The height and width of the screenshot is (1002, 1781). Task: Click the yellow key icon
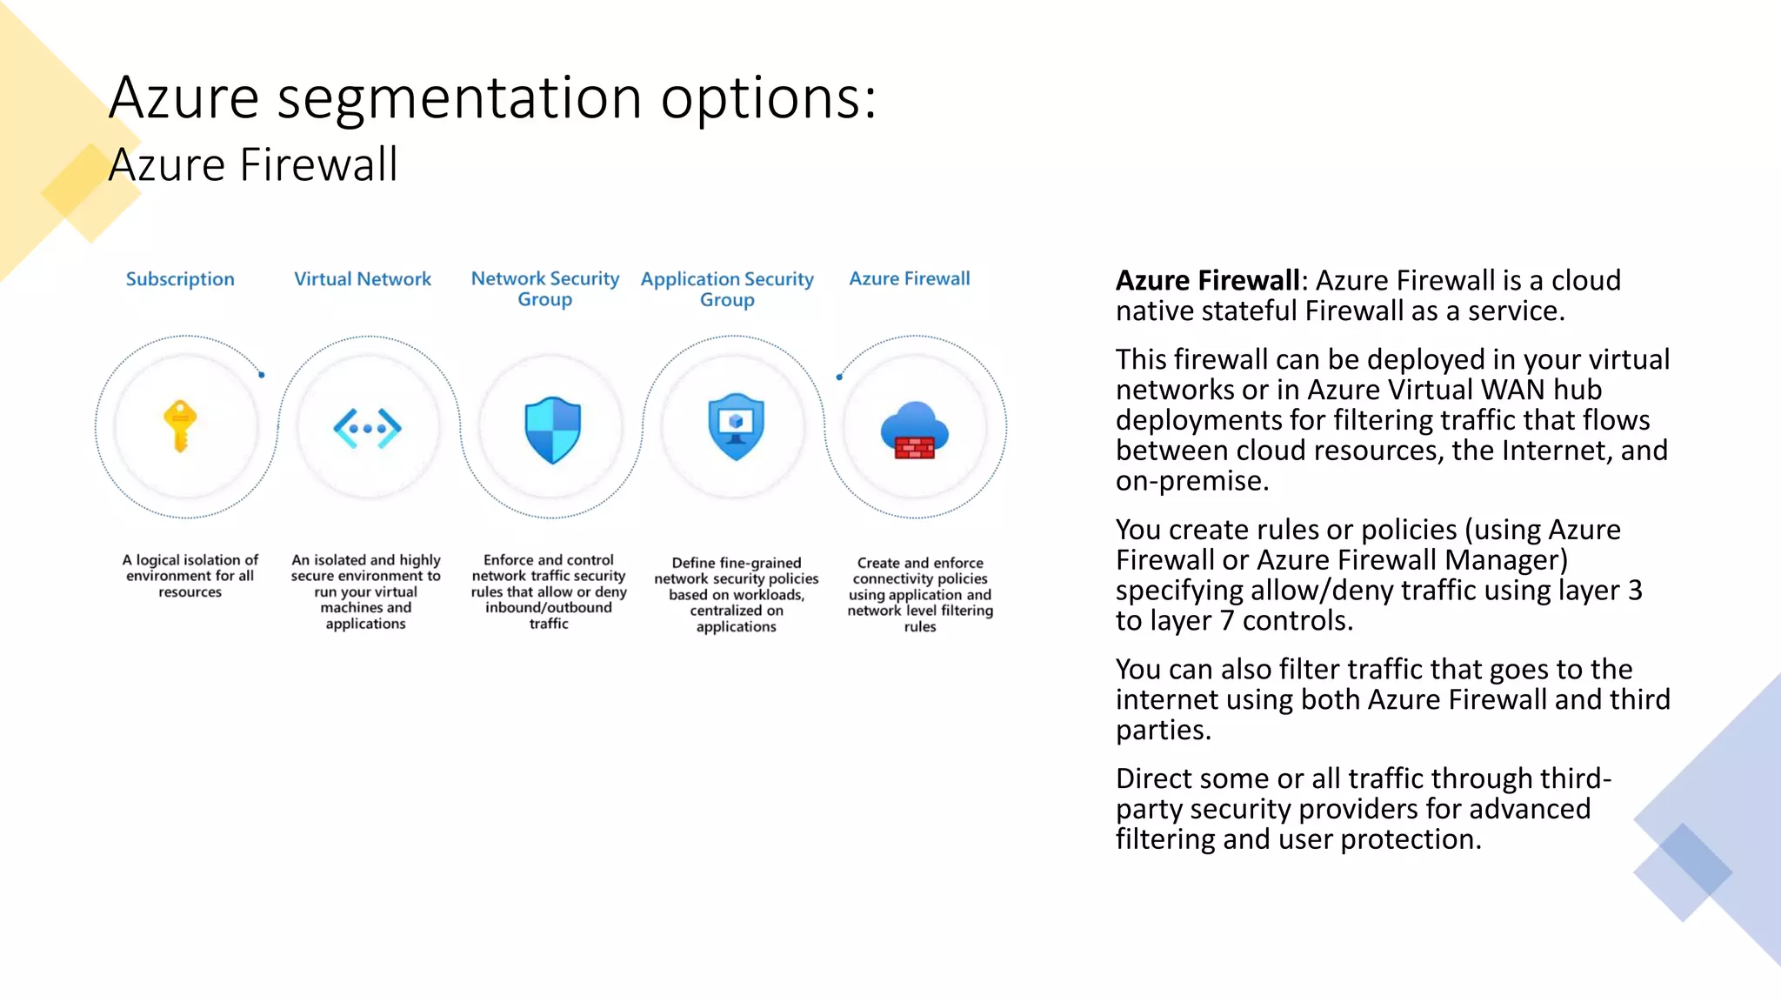tap(180, 426)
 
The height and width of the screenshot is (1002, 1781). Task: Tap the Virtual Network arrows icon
tap(367, 428)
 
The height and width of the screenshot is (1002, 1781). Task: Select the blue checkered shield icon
tap(552, 430)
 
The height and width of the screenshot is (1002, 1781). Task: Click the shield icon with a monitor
tap(736, 426)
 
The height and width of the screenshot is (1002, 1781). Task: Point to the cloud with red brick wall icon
tap(914, 431)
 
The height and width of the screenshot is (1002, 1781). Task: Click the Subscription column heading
tap(180, 279)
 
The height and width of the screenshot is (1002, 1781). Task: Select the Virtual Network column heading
tap(363, 279)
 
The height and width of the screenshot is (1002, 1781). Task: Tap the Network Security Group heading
tap(545, 289)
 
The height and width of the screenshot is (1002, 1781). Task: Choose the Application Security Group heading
tap(727, 289)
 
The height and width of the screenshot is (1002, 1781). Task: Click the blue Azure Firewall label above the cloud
tap(910, 278)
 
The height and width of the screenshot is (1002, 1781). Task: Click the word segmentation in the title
tap(459, 97)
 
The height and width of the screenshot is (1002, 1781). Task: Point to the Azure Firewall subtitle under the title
tap(253, 164)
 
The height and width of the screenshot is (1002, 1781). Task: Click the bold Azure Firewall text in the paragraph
tap(1207, 281)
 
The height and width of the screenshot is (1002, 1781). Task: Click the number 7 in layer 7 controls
tap(1226, 621)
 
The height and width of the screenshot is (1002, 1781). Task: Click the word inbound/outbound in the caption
tap(548, 608)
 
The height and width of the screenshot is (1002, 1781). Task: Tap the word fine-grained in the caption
tap(759, 563)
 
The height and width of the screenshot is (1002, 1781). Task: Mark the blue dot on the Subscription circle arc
tap(262, 375)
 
